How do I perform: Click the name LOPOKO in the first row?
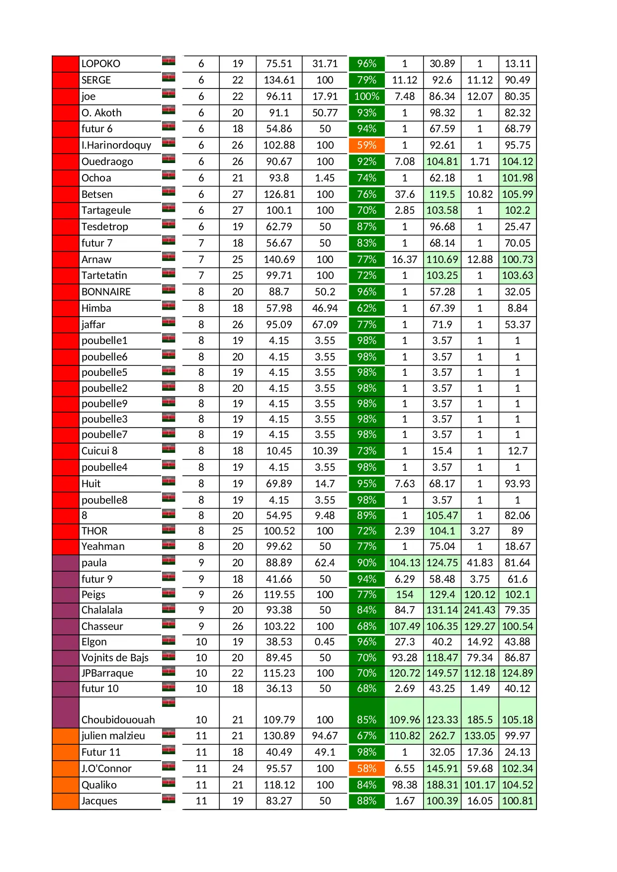tap(101, 64)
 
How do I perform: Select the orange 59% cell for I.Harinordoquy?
tap(366, 145)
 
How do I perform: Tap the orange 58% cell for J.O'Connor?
tap(366, 769)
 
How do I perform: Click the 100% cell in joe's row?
tap(366, 96)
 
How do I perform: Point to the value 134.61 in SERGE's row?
tap(279, 80)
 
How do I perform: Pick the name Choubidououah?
tap(118, 719)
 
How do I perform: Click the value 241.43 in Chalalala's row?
tap(480, 610)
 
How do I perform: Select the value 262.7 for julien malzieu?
tap(442, 736)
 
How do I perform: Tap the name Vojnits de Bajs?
tap(115, 658)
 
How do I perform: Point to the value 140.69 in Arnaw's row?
tap(279, 260)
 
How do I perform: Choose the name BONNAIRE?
tap(106, 292)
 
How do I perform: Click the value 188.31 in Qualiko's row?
tap(442, 785)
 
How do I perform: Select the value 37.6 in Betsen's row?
tap(404, 194)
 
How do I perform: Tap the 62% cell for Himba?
tap(366, 308)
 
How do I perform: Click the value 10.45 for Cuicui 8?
tap(279, 451)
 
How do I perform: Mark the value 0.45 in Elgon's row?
tap(325, 642)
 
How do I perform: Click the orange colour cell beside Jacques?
tap(66, 801)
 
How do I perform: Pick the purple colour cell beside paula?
tap(66, 563)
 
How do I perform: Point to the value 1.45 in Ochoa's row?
tap(325, 178)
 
